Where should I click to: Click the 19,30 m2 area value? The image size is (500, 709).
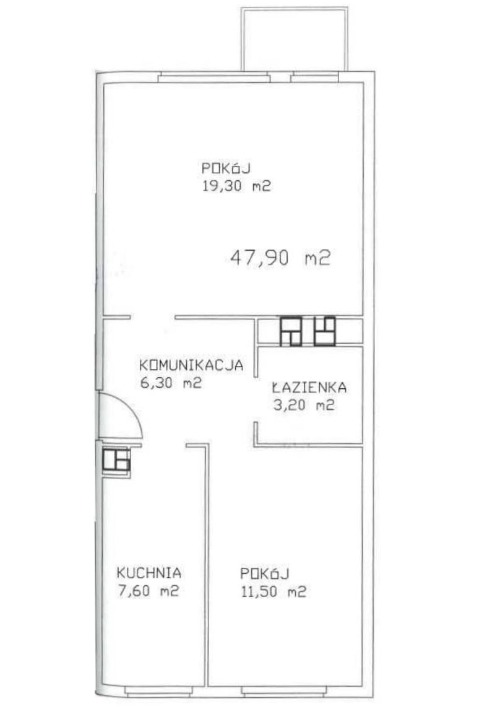point(236,186)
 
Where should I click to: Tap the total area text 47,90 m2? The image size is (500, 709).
point(280,258)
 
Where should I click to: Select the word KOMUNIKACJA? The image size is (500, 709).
point(191,365)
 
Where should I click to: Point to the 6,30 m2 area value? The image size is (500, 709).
point(170,383)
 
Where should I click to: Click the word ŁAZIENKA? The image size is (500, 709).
point(309,387)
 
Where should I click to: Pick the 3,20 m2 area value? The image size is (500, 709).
point(303,405)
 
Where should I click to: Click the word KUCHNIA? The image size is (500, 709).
point(149,573)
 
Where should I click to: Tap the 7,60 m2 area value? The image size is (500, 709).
point(148,591)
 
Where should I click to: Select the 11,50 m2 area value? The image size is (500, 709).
point(274,591)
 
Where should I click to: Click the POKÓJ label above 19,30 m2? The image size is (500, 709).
point(226,168)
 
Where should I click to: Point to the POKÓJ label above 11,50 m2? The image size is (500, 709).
point(264,573)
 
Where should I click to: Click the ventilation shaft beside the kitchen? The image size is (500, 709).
point(116,460)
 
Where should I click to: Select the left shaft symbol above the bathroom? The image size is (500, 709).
point(290,331)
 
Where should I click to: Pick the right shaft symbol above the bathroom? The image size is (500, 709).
point(325,331)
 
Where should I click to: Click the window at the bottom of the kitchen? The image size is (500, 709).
point(158,691)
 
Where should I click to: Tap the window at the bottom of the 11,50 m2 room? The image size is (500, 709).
point(283,691)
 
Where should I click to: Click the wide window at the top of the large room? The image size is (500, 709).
point(214,78)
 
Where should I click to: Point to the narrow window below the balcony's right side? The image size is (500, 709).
point(314,78)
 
